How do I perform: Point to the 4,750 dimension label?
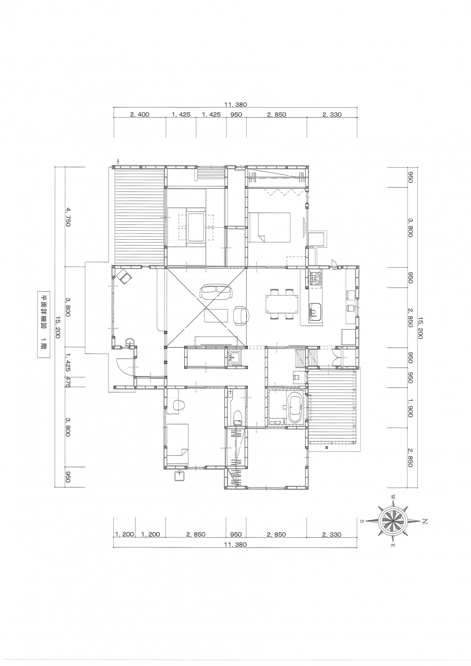67,218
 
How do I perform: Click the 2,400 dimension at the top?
140,115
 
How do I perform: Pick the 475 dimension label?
67,381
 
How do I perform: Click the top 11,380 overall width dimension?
235,104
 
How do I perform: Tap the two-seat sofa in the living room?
216,292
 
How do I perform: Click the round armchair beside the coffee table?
241,316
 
